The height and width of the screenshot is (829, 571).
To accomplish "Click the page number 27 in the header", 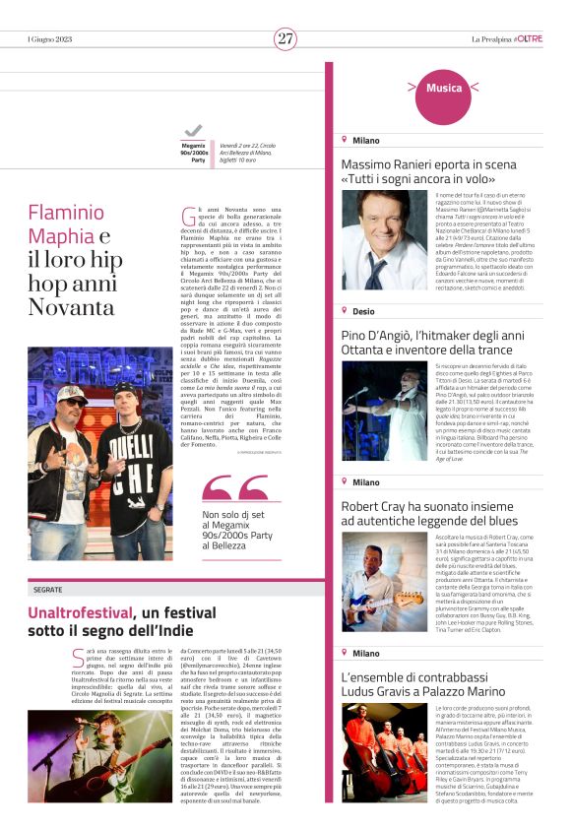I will point(285,38).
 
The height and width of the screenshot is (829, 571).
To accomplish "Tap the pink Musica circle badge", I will point(444,89).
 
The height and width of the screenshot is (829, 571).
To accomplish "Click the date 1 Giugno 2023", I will point(48,39).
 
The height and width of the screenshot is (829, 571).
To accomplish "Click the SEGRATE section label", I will point(47,588).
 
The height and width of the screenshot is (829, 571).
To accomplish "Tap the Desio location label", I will point(363,311).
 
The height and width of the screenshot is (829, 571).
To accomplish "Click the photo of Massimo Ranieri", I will point(384,239).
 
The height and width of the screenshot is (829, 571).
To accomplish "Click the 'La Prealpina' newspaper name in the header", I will point(493,39).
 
